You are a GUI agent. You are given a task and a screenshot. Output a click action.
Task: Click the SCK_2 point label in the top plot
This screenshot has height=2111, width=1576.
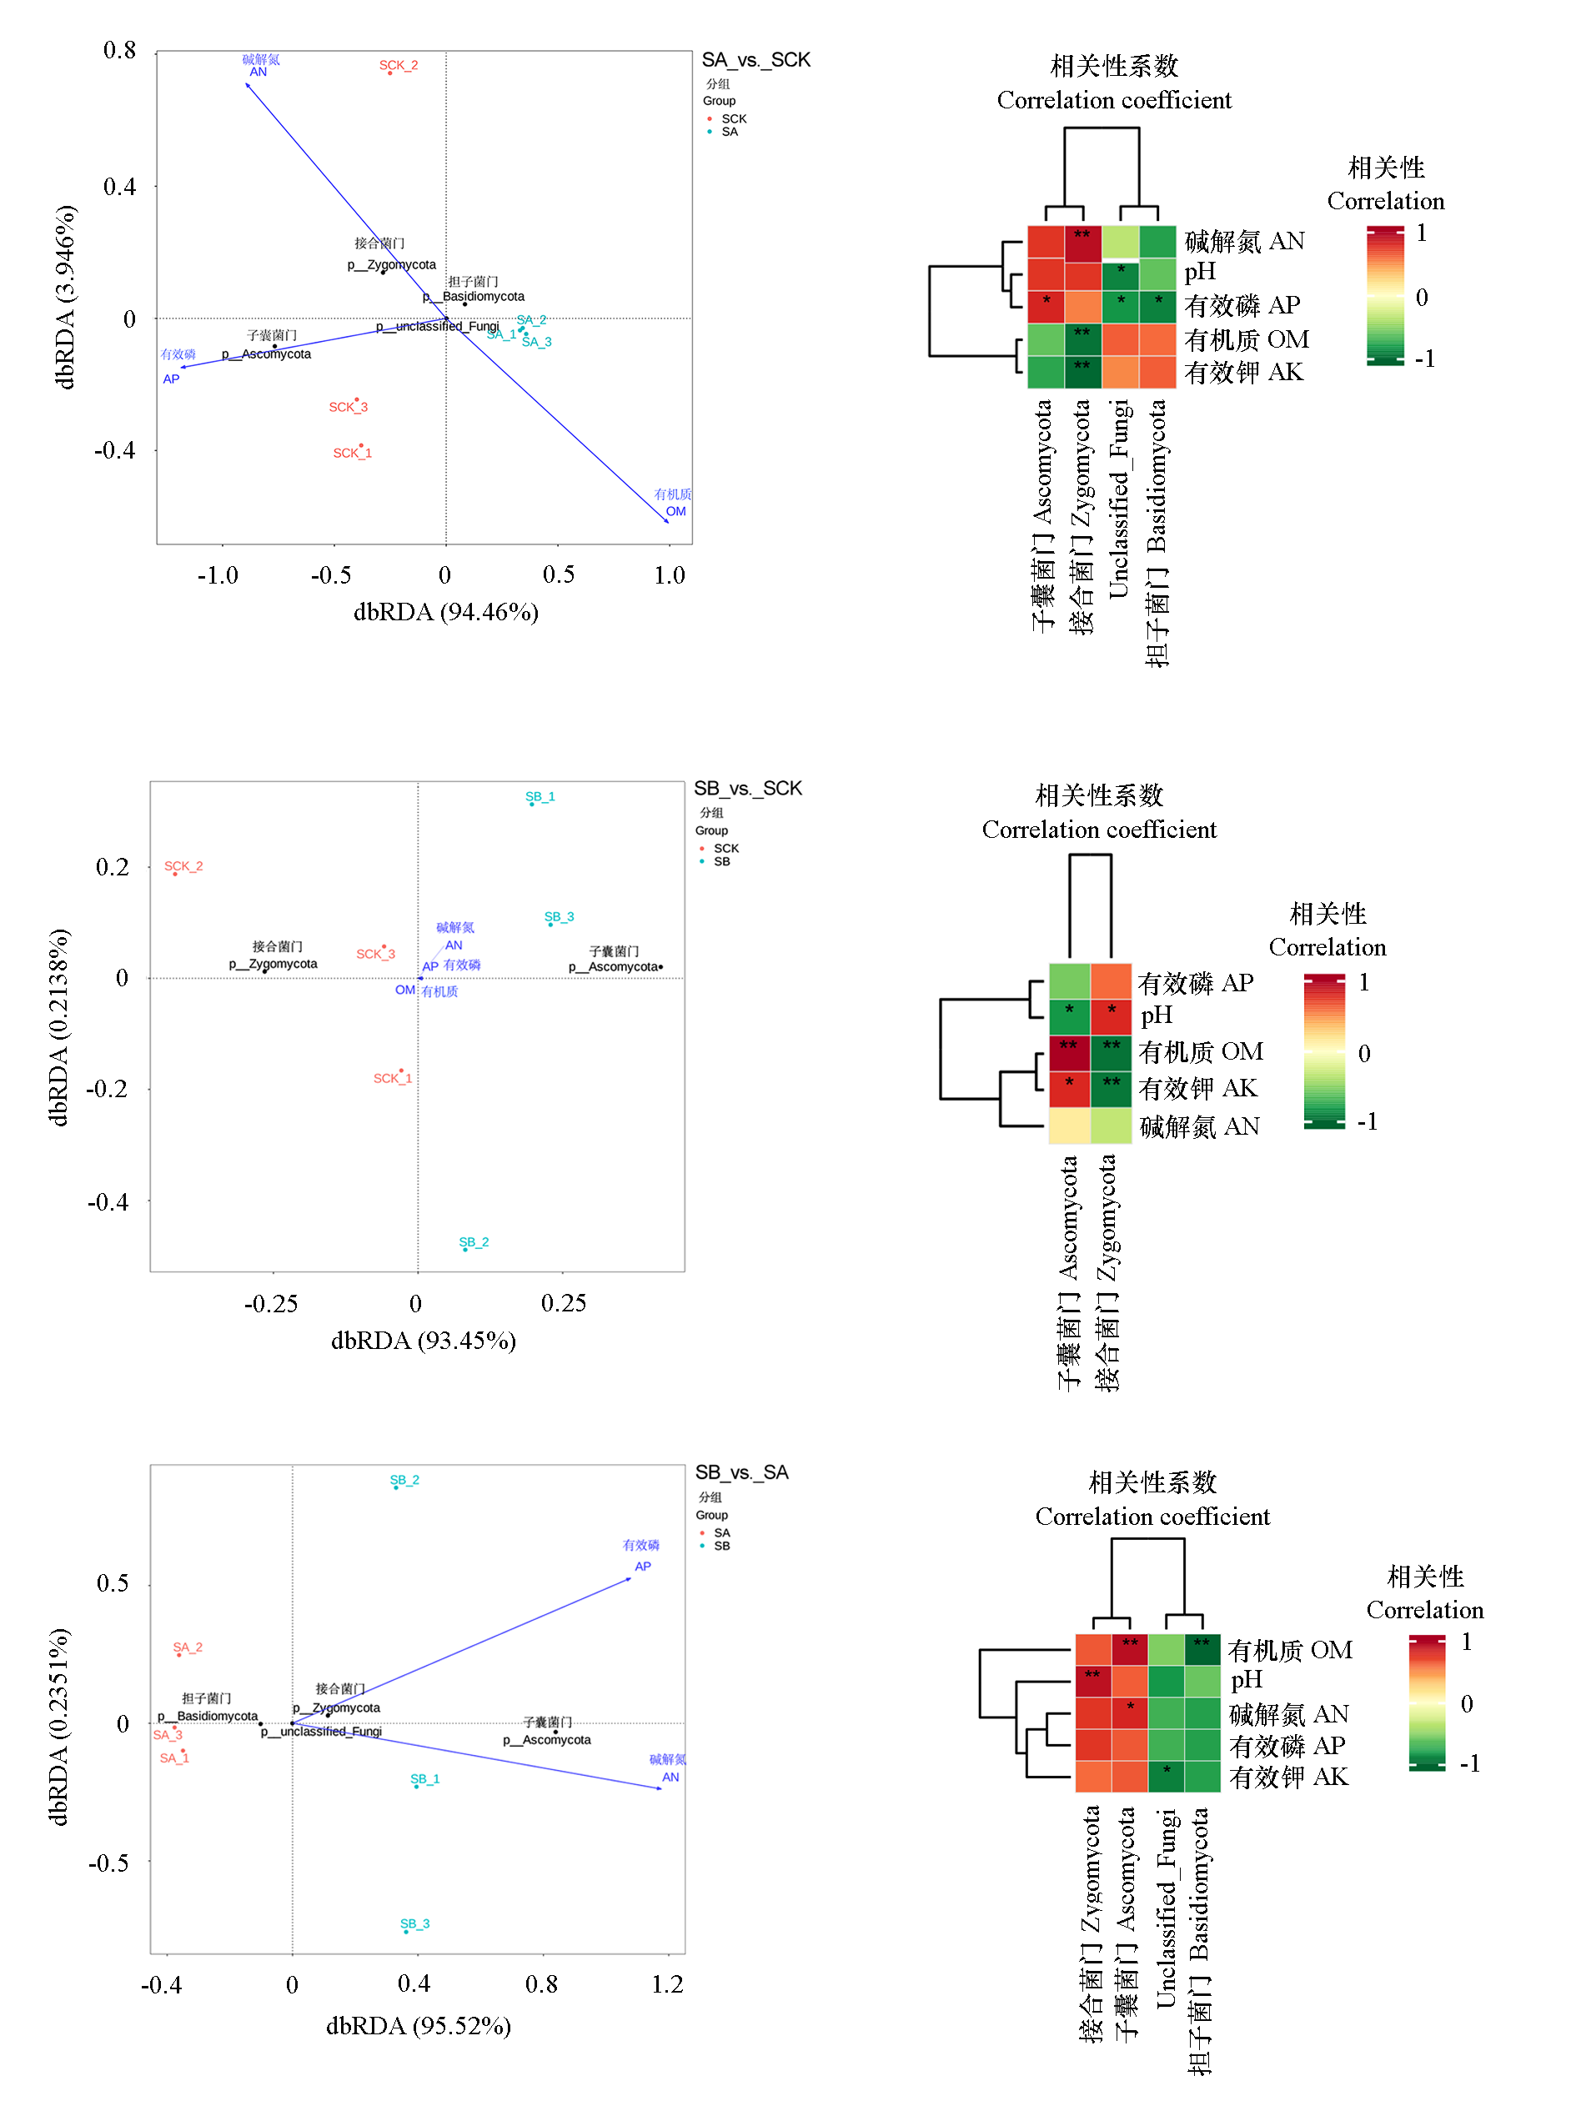[398, 65]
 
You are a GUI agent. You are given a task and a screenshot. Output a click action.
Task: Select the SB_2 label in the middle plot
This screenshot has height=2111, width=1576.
[473, 1241]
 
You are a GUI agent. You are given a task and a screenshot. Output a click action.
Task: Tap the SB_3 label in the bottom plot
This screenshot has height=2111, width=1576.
[415, 1923]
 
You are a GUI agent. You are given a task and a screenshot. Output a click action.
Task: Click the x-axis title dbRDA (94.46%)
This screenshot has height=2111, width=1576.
[445, 611]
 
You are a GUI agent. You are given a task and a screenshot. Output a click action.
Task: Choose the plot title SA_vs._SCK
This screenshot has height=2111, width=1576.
[755, 60]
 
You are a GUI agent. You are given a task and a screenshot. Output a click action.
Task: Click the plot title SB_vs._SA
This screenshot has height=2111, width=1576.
[741, 1472]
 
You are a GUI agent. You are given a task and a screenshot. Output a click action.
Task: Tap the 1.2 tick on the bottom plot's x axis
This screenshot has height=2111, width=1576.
[667, 1984]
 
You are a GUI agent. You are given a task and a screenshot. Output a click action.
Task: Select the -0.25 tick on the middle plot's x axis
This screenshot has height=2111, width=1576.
[271, 1303]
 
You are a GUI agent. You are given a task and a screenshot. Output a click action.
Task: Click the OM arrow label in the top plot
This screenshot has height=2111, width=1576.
[675, 511]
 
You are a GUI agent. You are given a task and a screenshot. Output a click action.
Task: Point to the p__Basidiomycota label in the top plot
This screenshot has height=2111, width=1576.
[474, 297]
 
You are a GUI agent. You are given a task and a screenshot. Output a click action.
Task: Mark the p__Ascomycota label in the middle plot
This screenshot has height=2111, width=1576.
[614, 966]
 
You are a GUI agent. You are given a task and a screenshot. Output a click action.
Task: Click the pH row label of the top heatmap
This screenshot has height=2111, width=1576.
[1199, 273]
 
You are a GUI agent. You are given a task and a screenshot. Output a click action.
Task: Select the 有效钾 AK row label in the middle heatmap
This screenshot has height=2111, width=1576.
[1197, 1088]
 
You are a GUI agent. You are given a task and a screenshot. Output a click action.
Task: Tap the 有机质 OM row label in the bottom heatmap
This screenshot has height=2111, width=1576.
[1289, 1650]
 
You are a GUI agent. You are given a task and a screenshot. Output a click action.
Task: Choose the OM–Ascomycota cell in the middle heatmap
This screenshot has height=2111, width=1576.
[1069, 1053]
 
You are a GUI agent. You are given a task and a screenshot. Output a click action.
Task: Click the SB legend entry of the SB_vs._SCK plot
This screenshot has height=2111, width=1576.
[721, 861]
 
